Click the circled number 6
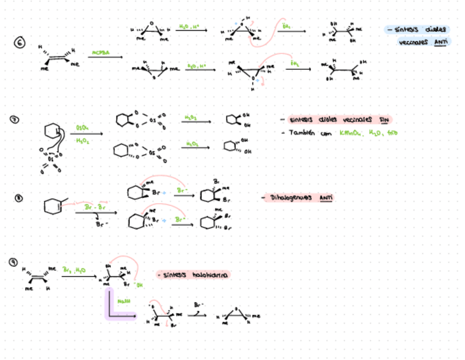(20, 43)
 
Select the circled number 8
(19, 199)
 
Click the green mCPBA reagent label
(101, 52)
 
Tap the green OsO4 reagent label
(82, 128)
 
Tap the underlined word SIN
(385, 120)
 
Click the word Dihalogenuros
(294, 198)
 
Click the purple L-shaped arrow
(117, 305)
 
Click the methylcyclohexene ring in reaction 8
(53, 206)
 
